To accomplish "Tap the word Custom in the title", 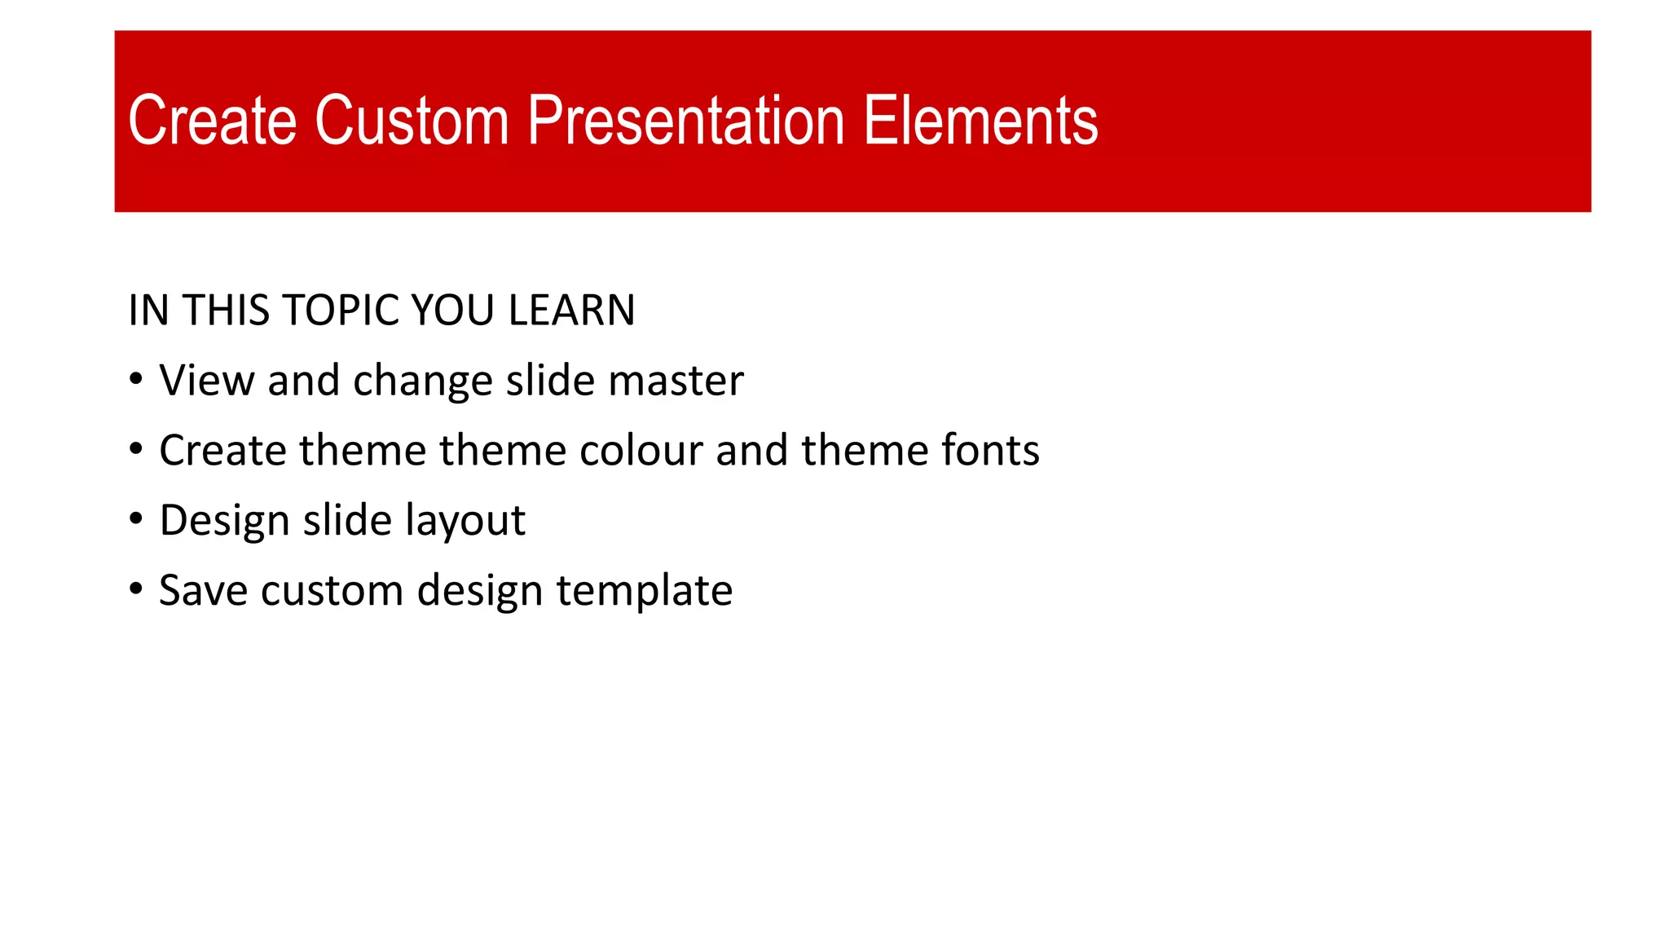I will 412,121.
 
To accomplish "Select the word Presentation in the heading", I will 685,121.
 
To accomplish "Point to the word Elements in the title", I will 980,121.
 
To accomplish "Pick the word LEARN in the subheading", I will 570,311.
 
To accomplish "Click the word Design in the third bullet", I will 224,521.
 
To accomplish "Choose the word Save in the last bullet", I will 203,591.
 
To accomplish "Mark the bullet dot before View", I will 136,379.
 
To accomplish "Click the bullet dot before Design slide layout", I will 136,519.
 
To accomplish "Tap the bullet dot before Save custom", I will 136,589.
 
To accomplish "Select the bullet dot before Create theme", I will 136,449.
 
